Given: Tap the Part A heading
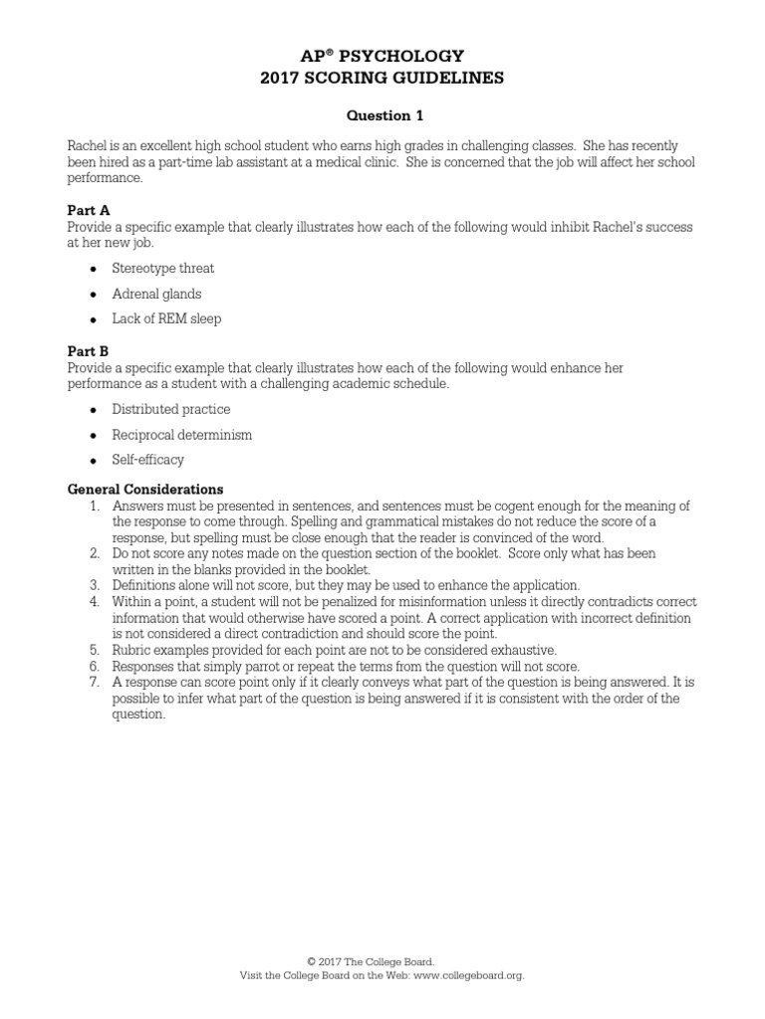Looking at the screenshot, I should point(88,212).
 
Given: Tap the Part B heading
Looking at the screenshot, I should point(88,351).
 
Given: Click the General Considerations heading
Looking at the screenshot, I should point(144,490).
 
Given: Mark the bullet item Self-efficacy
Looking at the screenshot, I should point(147,460).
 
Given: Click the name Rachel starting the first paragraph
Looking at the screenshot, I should point(87,145).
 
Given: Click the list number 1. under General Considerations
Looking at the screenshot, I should point(95,507).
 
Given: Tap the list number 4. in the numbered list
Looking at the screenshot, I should point(95,602).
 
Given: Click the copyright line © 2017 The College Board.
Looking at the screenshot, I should point(370,962).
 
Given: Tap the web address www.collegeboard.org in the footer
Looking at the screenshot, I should point(466,976).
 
